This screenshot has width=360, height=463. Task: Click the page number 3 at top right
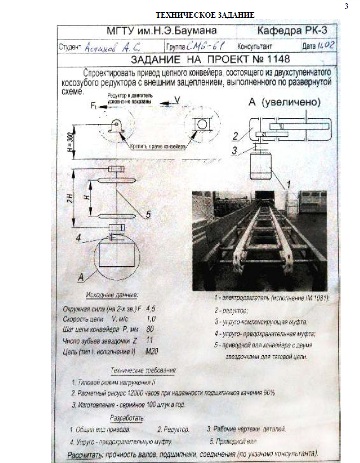[346, 7]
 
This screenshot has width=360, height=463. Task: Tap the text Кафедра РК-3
[292, 31]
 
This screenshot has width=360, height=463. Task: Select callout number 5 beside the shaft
[148, 214]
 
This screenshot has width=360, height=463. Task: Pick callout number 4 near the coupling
[80, 237]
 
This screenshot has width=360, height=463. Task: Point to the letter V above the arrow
[177, 99]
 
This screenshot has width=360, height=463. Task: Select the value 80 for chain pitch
[150, 328]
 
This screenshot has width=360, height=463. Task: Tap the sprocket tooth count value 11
[149, 339]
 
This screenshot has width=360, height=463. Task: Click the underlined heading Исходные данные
[112, 294]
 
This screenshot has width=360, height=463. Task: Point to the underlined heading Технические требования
[143, 370]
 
